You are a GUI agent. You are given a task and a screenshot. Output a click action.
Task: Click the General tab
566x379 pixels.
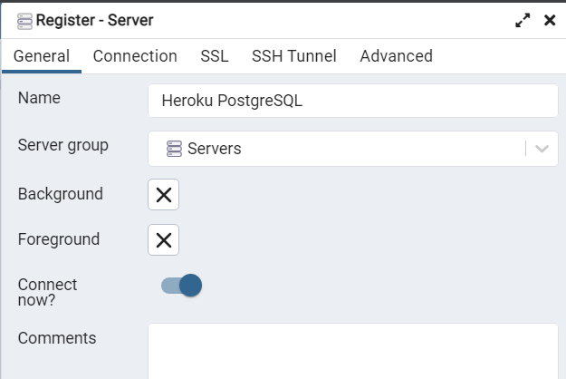(42, 56)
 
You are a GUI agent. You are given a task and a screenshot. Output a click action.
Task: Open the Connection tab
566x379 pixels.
(135, 56)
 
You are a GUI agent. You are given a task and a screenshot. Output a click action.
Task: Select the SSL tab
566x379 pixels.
(215, 56)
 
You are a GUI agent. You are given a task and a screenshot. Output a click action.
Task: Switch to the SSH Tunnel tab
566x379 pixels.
(294, 56)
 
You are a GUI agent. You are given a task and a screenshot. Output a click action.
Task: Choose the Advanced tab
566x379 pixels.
(396, 56)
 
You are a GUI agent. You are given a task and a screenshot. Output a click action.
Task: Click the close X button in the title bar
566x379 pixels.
(550, 20)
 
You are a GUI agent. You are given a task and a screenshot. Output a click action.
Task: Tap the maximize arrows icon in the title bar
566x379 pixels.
(523, 20)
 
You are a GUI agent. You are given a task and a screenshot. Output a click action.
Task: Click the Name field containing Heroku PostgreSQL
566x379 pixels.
(353, 101)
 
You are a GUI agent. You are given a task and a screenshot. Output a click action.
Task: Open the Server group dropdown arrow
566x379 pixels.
(542, 150)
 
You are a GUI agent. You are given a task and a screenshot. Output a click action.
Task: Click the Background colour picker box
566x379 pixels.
(163, 194)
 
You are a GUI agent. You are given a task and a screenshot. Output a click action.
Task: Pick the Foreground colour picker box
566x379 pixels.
(163, 240)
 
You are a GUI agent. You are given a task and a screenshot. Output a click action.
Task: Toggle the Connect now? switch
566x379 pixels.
(181, 286)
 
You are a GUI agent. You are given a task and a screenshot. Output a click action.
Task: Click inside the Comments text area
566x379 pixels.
(353, 352)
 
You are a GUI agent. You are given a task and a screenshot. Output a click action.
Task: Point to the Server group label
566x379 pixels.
(63, 145)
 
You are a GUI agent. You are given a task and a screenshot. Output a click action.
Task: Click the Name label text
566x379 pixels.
(39, 98)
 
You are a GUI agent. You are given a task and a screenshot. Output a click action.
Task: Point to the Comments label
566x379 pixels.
(57, 338)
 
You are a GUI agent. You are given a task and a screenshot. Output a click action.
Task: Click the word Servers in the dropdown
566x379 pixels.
(214, 150)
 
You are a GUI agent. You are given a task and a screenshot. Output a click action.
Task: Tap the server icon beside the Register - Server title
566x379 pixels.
(24, 20)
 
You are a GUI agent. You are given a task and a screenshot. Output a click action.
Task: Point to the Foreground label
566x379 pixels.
(59, 240)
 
